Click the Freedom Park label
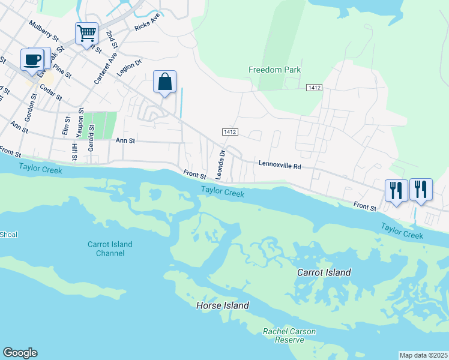(x=274, y=70)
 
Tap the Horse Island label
(x=223, y=306)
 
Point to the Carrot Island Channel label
(x=110, y=248)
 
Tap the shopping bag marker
(x=164, y=82)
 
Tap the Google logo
(x=20, y=353)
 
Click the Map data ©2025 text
(x=423, y=355)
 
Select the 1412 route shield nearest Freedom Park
(x=314, y=88)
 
